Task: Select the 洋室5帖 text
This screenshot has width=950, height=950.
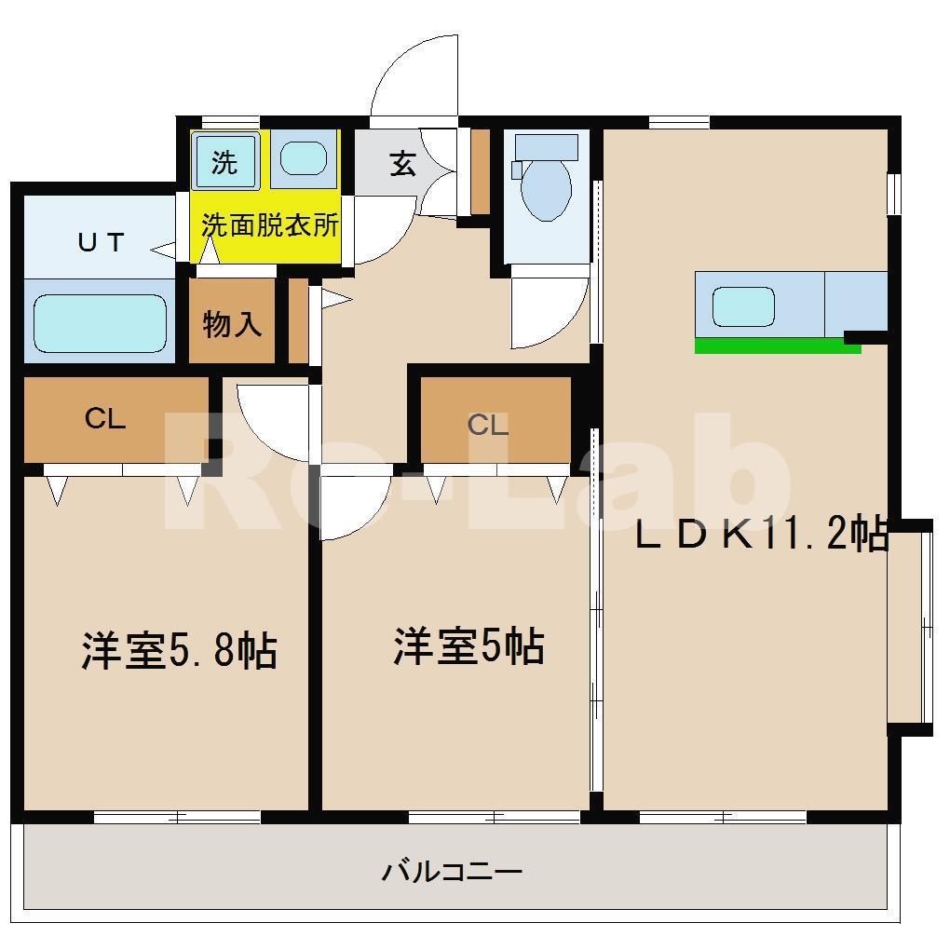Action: pos(468,646)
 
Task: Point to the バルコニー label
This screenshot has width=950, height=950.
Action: pos(452,873)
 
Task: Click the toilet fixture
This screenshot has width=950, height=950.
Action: pos(545,182)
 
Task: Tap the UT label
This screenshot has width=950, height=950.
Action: pos(101,243)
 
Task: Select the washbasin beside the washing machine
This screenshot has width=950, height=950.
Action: pos(303,158)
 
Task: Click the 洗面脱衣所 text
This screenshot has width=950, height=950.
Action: pos(270,225)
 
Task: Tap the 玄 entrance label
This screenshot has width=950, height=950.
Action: pos(402,165)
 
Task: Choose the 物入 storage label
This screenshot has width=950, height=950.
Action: pos(232,325)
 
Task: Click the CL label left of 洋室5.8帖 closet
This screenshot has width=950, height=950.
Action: pos(105,419)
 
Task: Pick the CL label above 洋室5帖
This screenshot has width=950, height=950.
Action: pos(488,425)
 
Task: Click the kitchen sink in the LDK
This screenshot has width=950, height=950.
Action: pos(743,305)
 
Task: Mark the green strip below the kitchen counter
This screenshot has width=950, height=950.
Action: pos(777,346)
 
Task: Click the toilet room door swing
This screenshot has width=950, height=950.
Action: pos(550,312)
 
